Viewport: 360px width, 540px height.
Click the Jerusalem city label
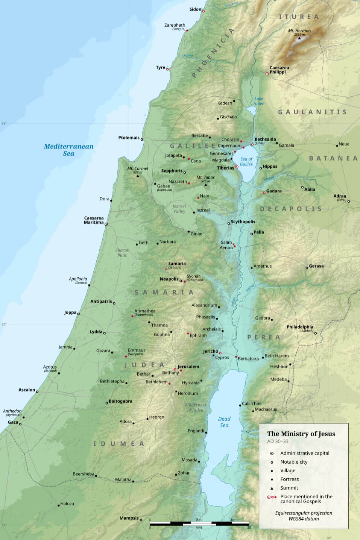click(x=188, y=366)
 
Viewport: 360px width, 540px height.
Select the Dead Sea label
click(x=224, y=422)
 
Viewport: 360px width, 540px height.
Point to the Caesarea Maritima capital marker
click(x=106, y=224)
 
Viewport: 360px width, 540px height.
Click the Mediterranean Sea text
click(x=68, y=150)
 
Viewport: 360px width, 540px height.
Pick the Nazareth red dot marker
click(x=189, y=184)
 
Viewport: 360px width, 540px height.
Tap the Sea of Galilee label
click(x=246, y=162)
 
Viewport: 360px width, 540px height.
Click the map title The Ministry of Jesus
click(x=301, y=434)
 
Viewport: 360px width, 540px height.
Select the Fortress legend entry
click(x=289, y=479)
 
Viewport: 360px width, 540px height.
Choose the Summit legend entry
click(x=289, y=488)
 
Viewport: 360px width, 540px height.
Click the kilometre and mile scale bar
click(x=199, y=523)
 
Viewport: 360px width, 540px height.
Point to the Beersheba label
click(x=83, y=474)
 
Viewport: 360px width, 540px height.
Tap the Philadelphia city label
click(x=300, y=327)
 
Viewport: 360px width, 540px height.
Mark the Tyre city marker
click(x=167, y=69)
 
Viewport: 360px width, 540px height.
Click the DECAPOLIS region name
click(x=291, y=209)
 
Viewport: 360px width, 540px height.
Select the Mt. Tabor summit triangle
click(x=205, y=185)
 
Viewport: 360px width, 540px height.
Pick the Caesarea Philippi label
click(x=279, y=70)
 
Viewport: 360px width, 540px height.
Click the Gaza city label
click(x=13, y=422)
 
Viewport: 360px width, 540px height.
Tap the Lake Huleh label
click(x=259, y=101)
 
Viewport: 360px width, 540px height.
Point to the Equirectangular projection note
click(x=304, y=516)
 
